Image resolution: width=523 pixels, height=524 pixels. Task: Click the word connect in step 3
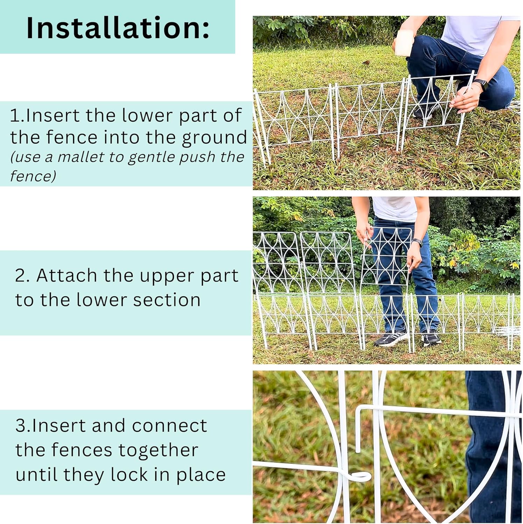pyautogui.click(x=169, y=426)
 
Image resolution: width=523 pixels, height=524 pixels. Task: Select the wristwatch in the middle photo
pyautogui.click(x=417, y=243)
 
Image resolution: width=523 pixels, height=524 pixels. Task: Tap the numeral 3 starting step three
pyautogui.click(x=21, y=426)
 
